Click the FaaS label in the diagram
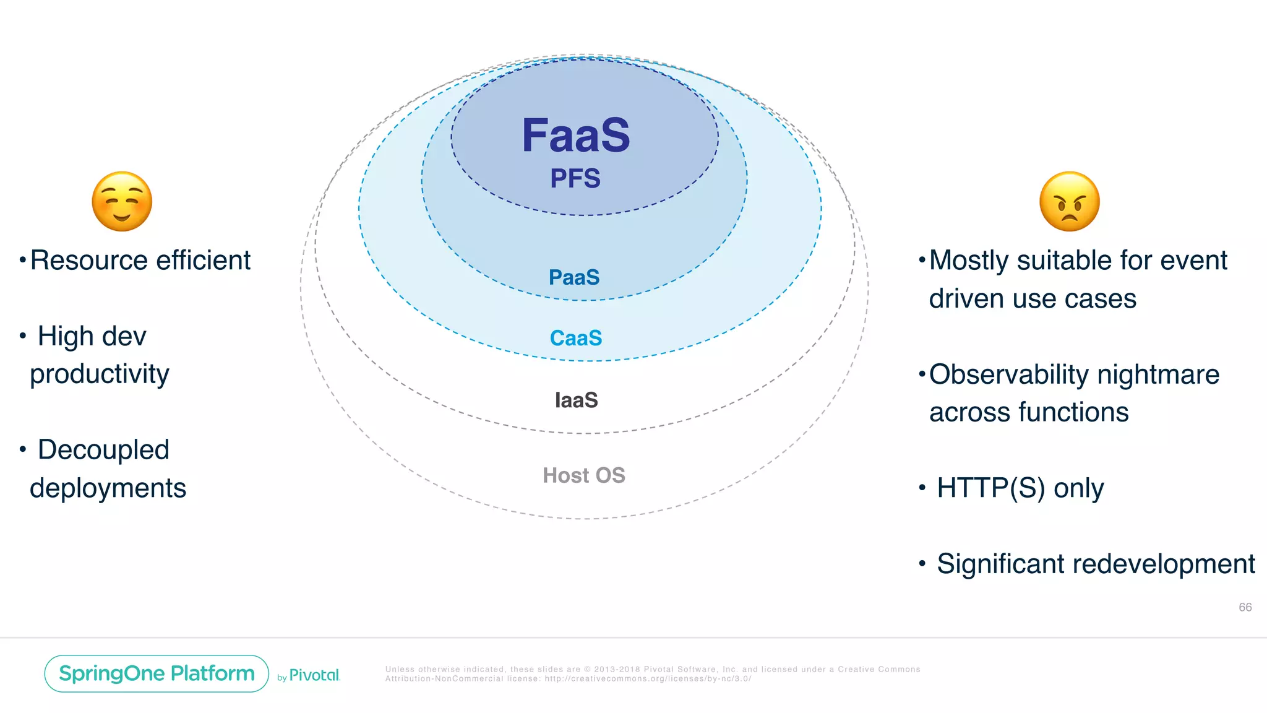575,136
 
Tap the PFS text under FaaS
575,179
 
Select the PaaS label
574,277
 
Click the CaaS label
575,338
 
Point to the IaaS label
576,400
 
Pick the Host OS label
583,475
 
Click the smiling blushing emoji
122,202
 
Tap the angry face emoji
1070,202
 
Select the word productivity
99,374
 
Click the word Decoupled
103,450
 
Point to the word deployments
108,488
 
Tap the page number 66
1245,607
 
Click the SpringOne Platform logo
157,673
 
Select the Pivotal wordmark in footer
314,675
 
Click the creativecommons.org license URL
648,679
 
